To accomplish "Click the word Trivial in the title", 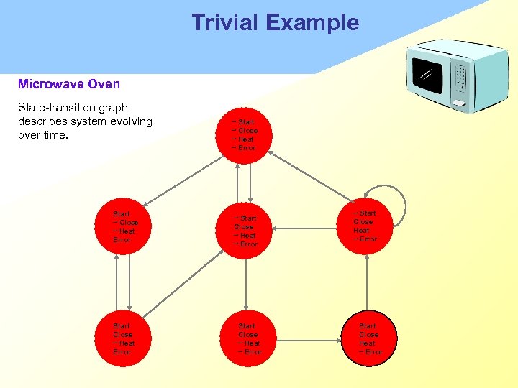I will click(x=225, y=22).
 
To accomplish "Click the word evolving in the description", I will click(x=131, y=121).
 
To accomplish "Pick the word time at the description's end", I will click(x=54, y=134).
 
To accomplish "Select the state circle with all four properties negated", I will click(x=245, y=134).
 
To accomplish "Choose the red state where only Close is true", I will click(x=245, y=231).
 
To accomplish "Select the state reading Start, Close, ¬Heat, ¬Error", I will click(x=246, y=338).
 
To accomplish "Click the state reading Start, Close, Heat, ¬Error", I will click(x=368, y=338).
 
